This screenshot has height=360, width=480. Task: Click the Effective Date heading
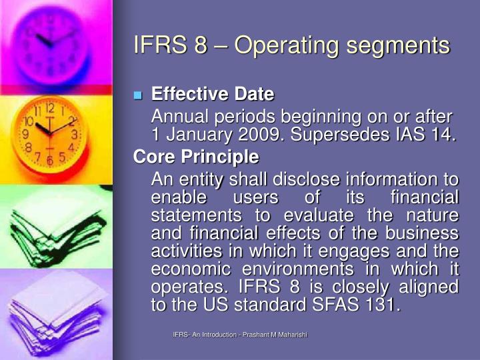click(213, 94)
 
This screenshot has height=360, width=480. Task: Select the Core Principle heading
click(196, 158)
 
